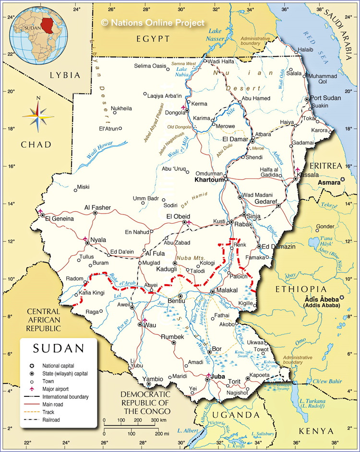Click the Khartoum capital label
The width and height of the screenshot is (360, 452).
pos(209,180)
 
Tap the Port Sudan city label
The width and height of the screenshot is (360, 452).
pos(325,98)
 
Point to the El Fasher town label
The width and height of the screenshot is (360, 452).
pos(97,207)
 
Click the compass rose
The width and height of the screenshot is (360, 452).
pos(37,115)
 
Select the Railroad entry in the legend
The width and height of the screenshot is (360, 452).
pos(54,420)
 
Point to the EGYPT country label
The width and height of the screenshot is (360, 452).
pos(153,38)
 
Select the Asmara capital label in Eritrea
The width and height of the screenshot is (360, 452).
pos(329,183)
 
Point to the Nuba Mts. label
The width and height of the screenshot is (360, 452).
pos(190,258)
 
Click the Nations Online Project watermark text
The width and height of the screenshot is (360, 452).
pos(153,23)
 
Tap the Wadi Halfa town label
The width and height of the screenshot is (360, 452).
pos(222,61)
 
